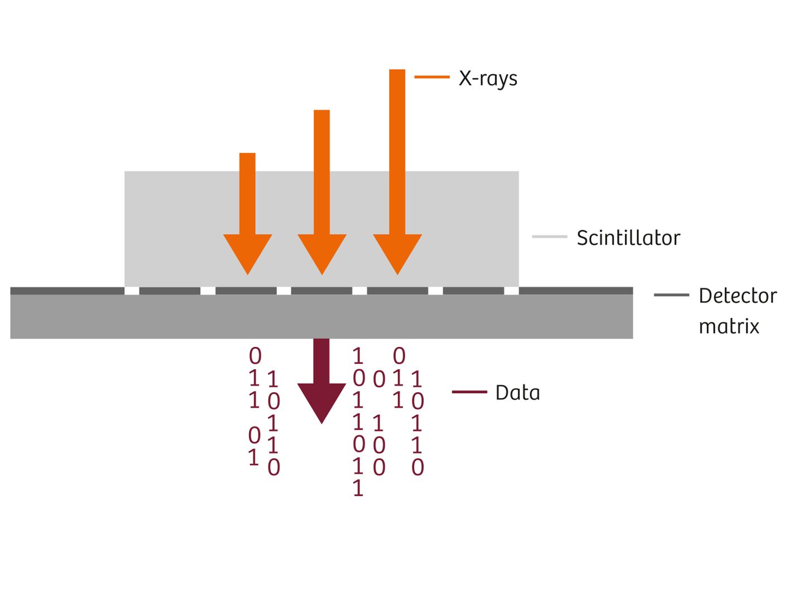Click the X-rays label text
tap(488, 79)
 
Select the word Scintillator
tap(628, 238)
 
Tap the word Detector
tap(737, 296)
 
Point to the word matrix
tap(729, 326)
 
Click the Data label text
tap(517, 393)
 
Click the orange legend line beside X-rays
tap(432, 77)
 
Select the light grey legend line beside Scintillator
tap(549, 237)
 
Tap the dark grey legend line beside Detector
tap(671, 295)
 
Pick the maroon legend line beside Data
tap(469, 392)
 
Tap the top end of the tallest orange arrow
tap(397, 72)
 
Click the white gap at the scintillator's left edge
tap(132, 291)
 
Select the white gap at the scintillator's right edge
tap(511, 291)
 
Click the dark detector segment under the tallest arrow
tap(397, 291)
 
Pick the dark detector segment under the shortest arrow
tap(246, 291)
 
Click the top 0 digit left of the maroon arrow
tap(255, 356)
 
